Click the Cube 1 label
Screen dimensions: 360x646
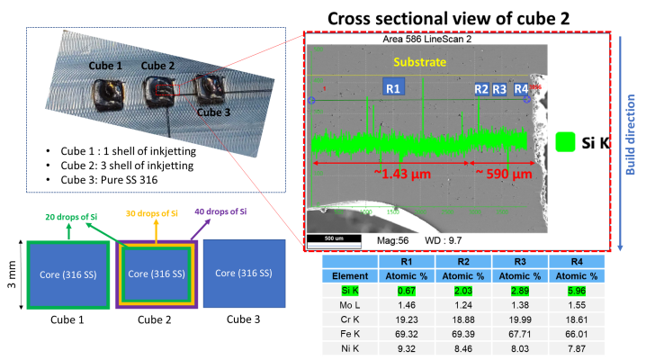click(105, 67)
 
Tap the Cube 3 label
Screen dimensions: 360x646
click(214, 112)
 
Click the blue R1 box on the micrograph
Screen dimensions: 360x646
click(393, 87)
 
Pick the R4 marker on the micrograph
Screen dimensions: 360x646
click(521, 88)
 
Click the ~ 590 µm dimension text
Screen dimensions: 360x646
click(504, 173)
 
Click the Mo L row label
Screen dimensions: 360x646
click(345, 306)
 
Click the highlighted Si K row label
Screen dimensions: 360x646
click(345, 292)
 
